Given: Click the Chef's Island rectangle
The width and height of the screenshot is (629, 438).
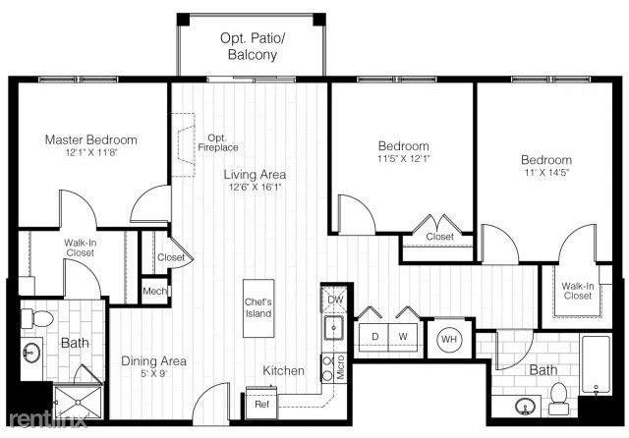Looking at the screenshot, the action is [258, 308].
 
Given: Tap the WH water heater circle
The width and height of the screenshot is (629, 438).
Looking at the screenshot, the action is [449, 340].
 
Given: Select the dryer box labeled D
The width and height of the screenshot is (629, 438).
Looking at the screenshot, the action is [373, 337].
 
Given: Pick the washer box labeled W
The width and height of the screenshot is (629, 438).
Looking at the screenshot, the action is [403, 337].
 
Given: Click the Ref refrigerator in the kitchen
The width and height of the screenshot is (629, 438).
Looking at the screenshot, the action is [261, 403].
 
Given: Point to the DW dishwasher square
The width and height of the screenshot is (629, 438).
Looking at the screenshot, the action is [334, 299].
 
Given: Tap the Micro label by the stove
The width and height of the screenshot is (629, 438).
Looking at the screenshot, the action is [341, 366].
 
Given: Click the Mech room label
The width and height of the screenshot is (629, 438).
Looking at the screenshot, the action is [154, 291].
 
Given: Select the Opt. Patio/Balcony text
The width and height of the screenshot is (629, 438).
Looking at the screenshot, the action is [253, 46].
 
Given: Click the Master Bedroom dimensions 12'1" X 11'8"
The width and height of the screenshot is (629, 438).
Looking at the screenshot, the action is [91, 152].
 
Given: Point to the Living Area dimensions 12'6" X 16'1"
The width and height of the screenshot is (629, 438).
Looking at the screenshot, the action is [256, 187].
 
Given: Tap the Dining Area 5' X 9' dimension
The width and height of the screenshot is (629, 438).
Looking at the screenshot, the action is [153, 373].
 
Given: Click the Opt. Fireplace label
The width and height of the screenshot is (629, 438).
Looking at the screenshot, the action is [218, 143].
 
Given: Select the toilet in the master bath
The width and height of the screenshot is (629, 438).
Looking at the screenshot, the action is [37, 318].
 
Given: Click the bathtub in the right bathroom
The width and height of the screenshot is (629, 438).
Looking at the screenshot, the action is [597, 365].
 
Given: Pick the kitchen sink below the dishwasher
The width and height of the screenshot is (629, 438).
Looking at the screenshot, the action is [334, 327].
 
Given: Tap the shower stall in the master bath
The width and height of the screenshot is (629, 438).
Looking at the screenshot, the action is [78, 402].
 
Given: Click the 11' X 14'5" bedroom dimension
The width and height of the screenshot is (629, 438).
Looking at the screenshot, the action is [546, 173].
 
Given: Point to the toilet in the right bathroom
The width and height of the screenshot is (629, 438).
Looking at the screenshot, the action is [559, 399].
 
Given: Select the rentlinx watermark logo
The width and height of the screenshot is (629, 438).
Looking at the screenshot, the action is [47, 419].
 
